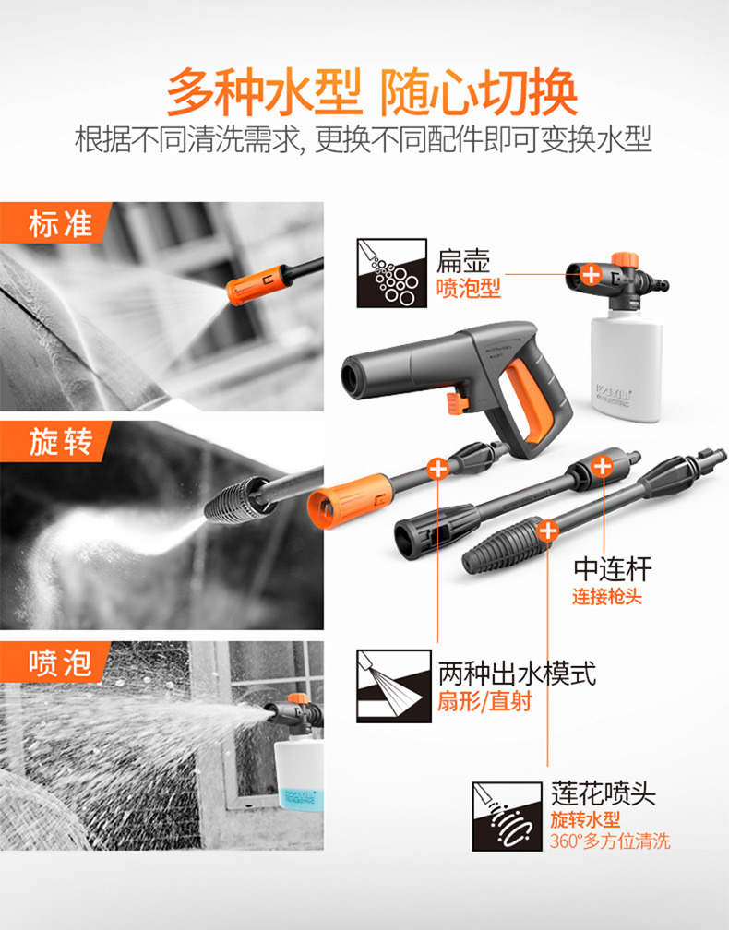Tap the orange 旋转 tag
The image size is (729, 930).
coord(55,441)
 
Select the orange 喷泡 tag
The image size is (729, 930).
coord(55,662)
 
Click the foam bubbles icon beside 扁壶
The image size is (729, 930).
coord(391,273)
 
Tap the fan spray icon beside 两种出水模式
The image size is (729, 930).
coord(394,686)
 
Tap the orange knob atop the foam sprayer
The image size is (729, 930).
coord(626,260)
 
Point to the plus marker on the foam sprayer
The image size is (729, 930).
coord(591,274)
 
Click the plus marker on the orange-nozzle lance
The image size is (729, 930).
coord(437,469)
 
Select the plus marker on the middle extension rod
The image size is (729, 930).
coord(603,466)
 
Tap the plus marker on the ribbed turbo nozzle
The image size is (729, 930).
coord(547,531)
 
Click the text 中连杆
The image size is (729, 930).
coord(612,569)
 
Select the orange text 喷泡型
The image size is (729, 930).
coord(469,288)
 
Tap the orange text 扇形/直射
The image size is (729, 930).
coord(484,701)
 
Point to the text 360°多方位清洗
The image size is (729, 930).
coord(610,841)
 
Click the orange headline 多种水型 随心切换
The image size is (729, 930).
coord(372,92)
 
